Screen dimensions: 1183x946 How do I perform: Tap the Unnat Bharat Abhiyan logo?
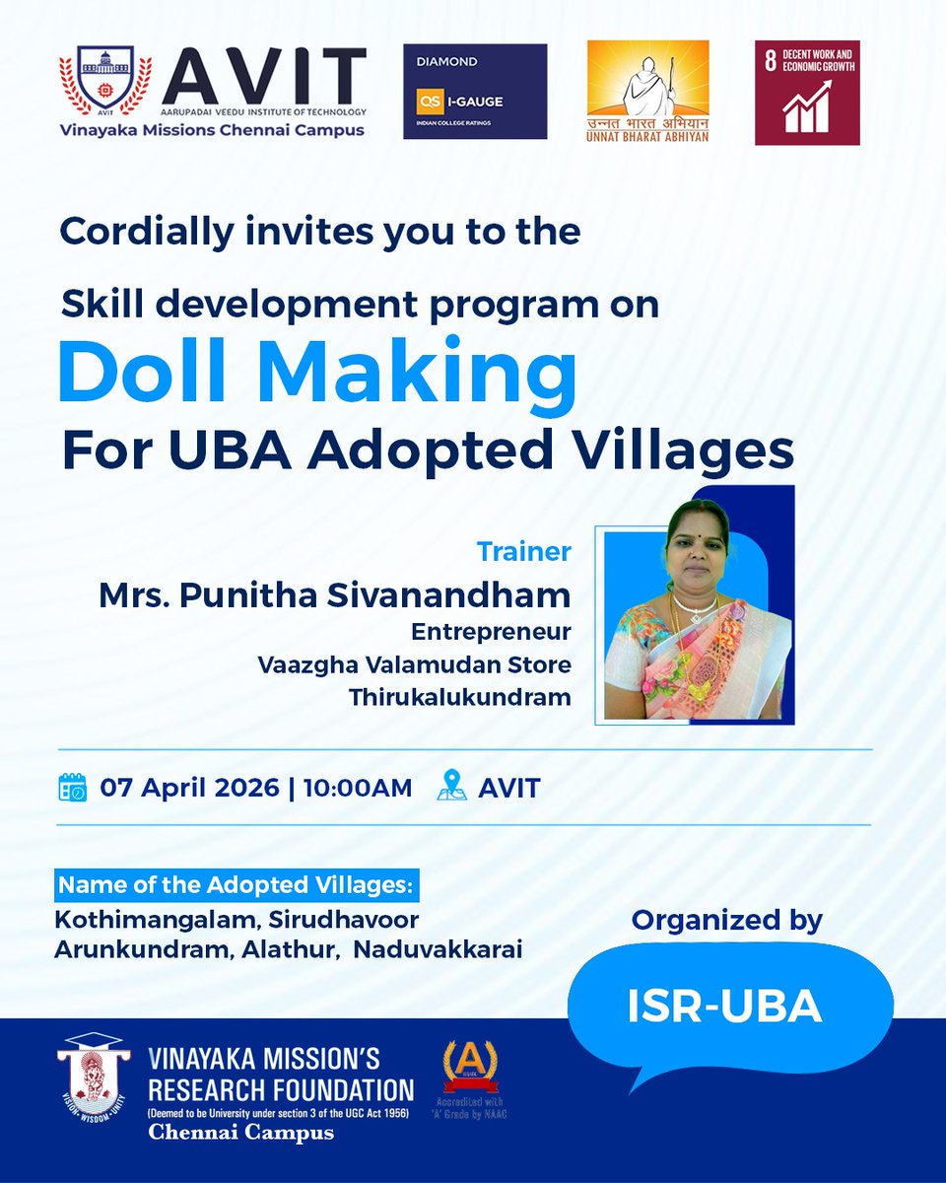tap(647, 91)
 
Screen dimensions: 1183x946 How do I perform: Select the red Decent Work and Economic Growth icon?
tap(807, 93)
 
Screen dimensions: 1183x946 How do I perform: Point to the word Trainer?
tap(523, 551)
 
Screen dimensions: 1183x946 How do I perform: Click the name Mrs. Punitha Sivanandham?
tap(334, 594)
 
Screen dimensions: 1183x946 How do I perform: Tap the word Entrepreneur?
tap(491, 630)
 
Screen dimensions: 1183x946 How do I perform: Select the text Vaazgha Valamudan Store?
tap(414, 663)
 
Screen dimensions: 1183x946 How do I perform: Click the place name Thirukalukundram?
tap(459, 697)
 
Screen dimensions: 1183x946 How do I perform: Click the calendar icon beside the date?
tap(73, 788)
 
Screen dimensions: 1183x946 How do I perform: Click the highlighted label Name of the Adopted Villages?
tap(236, 884)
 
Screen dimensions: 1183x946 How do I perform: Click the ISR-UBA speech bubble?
tap(725, 1005)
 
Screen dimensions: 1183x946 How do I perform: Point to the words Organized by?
tap(727, 920)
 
